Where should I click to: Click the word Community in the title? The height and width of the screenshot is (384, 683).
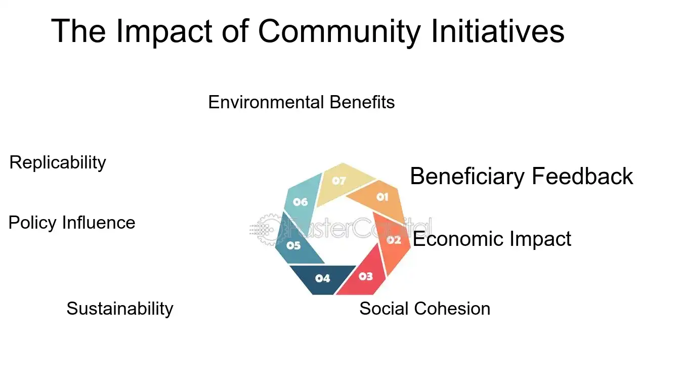pyautogui.click(x=339, y=32)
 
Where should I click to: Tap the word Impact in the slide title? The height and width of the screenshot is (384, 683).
pyautogui.click(x=164, y=32)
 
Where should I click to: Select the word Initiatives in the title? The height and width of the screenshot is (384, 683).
pyautogui.click(x=498, y=31)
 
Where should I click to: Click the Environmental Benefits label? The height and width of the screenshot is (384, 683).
pyautogui.click(x=301, y=102)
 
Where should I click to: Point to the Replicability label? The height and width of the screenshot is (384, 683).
pyautogui.click(x=58, y=162)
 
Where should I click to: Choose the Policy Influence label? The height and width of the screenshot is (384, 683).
pyautogui.click(x=72, y=222)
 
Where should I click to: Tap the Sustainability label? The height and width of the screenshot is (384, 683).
pyautogui.click(x=120, y=309)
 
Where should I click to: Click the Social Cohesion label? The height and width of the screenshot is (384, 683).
pyautogui.click(x=425, y=308)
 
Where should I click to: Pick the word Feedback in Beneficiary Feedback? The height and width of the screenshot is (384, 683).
pyautogui.click(x=582, y=176)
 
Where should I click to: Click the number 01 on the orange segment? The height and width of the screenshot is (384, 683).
pyautogui.click(x=382, y=197)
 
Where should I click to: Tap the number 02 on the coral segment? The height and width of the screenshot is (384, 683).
pyautogui.click(x=394, y=240)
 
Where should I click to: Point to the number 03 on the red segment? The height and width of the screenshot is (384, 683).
pyautogui.click(x=366, y=276)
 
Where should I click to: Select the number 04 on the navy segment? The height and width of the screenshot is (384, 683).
pyautogui.click(x=323, y=278)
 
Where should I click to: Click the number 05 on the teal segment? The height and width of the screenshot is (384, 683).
pyautogui.click(x=293, y=245)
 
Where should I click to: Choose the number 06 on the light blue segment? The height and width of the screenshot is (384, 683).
pyautogui.click(x=301, y=202)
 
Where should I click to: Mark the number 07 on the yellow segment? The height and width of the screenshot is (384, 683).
pyautogui.click(x=339, y=181)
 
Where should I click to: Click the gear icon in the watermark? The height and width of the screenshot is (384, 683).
pyautogui.click(x=268, y=229)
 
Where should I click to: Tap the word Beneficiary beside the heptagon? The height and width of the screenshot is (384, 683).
pyautogui.click(x=467, y=177)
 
